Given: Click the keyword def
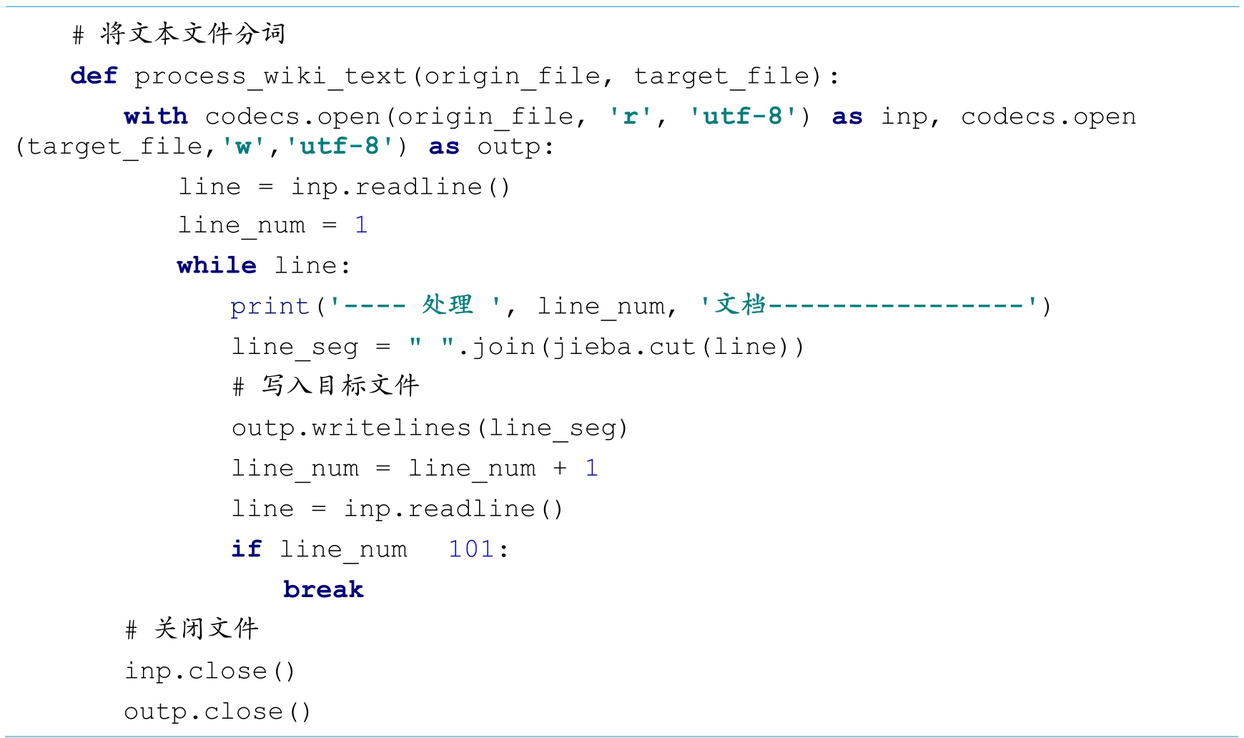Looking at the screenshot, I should point(94,76).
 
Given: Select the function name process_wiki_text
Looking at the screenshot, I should point(270,76).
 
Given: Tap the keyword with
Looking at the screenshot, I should point(155,116).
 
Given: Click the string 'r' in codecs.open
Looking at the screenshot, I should point(631,116).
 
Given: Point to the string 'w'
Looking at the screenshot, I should point(244,147).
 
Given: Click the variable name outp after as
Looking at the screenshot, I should point(509,147).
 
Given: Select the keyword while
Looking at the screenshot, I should point(217,265).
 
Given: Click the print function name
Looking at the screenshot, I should point(270,306).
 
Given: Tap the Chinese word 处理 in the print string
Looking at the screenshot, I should point(448,305).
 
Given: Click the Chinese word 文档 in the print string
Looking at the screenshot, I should point(741,305).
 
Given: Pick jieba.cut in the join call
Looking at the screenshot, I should point(623,347).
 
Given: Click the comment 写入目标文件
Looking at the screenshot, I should point(340,386).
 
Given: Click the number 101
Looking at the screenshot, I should point(471,549).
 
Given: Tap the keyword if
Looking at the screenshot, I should point(246,549).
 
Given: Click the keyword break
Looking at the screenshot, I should point(323,589).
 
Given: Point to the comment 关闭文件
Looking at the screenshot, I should point(206,629).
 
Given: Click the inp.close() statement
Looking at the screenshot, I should point(209,671).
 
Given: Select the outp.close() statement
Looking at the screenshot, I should point(217,712).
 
